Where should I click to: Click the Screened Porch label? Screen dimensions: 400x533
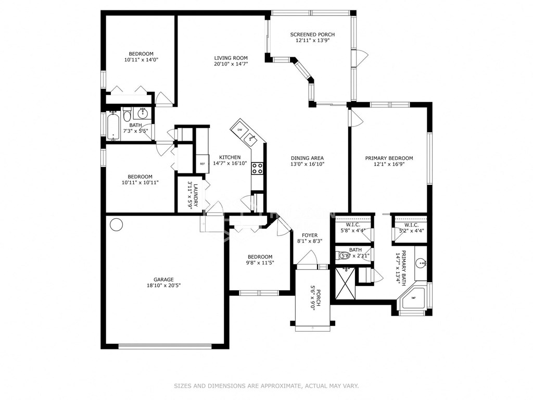pyautogui.click(x=312, y=34)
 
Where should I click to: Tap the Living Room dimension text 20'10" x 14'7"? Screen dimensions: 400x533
pyautogui.click(x=231, y=64)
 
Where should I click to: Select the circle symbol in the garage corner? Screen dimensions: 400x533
pyautogui.click(x=116, y=224)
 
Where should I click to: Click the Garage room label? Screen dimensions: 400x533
pyautogui.click(x=163, y=279)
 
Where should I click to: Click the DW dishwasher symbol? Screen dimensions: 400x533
pyautogui.click(x=240, y=129)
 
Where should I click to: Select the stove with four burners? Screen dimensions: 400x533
pyautogui.click(x=257, y=168)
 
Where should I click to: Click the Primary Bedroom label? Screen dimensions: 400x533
pyautogui.click(x=389, y=158)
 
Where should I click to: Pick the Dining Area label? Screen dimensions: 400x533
pyautogui.click(x=307, y=158)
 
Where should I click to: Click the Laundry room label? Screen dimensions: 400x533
pyautogui.click(x=193, y=194)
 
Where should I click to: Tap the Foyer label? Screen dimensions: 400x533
pyautogui.click(x=307, y=235)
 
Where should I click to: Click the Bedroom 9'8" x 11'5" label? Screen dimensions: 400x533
pyautogui.click(x=260, y=256)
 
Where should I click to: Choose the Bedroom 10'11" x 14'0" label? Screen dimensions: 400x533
pyautogui.click(x=141, y=54)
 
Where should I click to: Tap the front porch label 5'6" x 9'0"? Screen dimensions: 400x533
pyautogui.click(x=313, y=299)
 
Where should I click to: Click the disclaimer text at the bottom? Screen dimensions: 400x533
pyautogui.click(x=266, y=386)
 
